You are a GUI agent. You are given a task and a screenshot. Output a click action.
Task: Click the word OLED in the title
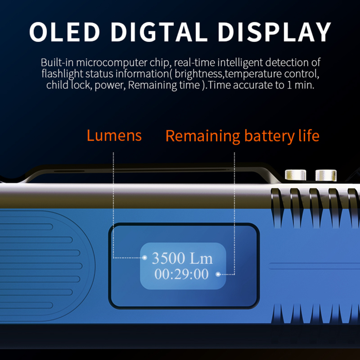65,32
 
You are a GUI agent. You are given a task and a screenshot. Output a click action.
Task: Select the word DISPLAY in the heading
274,32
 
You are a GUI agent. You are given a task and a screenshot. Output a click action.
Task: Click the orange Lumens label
114,135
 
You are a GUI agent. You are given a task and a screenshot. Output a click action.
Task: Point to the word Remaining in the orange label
203,136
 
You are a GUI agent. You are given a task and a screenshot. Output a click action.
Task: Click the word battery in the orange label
269,136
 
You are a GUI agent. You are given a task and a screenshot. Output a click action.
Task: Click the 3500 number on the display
168,258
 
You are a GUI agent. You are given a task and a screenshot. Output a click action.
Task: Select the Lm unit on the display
201,258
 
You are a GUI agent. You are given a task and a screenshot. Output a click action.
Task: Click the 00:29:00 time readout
181,274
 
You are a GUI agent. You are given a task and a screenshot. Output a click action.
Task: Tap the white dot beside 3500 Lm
145,258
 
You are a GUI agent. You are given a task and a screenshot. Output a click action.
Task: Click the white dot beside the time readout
218,274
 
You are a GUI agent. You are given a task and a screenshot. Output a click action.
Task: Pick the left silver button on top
296,175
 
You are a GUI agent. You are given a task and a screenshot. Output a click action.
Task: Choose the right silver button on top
326,175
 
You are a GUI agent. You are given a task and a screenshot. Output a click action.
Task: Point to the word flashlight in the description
62,74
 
